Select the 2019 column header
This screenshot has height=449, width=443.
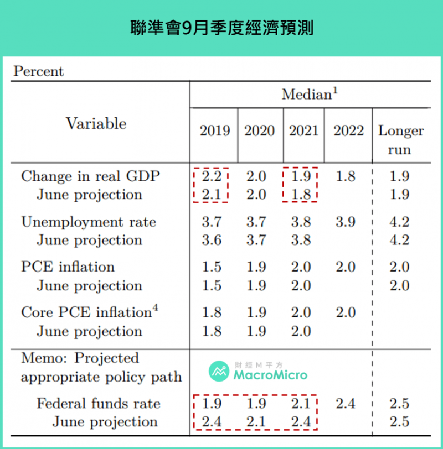tap(215, 131)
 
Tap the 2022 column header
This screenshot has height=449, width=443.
tap(348, 131)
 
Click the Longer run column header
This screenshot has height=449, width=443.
tap(400, 140)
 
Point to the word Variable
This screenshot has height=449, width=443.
tap(96, 123)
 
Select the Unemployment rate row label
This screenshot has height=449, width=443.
tap(89, 222)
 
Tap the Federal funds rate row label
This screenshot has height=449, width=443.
tap(99, 403)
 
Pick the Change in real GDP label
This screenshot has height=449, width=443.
tap(90, 176)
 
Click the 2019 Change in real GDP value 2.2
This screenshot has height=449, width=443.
tap(212, 176)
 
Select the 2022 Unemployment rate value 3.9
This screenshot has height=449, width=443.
tap(346, 222)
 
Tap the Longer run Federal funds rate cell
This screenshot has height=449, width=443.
tap(399, 403)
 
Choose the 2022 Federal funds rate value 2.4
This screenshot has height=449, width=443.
tap(346, 403)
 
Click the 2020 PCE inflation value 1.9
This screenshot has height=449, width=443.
tap(256, 267)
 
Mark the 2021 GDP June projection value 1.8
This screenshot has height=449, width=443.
tap(301, 195)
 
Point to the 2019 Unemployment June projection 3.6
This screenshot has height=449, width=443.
tap(212, 240)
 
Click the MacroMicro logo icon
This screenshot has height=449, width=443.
tap(219, 372)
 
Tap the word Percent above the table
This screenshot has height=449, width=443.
tap(38, 71)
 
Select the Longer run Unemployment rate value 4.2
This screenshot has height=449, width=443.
tap(399, 222)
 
